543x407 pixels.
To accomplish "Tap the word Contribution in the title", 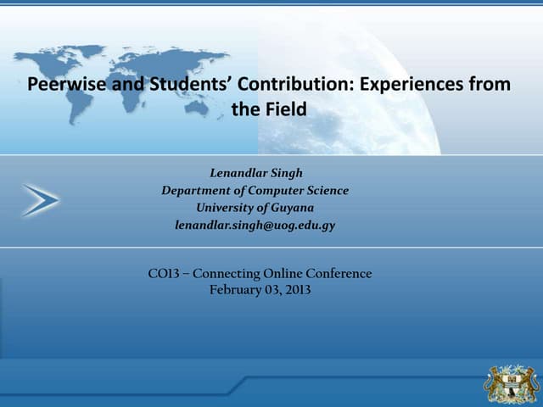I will click(283, 85).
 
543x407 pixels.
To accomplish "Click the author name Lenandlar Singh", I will click(255, 173).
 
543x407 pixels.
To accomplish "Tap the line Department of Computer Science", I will click(255, 190).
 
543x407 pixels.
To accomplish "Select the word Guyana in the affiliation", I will click(294, 207).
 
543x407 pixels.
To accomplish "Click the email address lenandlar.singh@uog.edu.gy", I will click(255, 225).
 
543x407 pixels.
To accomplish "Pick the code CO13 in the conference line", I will click(163, 274).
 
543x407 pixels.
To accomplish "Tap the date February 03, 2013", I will click(260, 290).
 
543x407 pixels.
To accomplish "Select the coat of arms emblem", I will click(511, 382).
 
